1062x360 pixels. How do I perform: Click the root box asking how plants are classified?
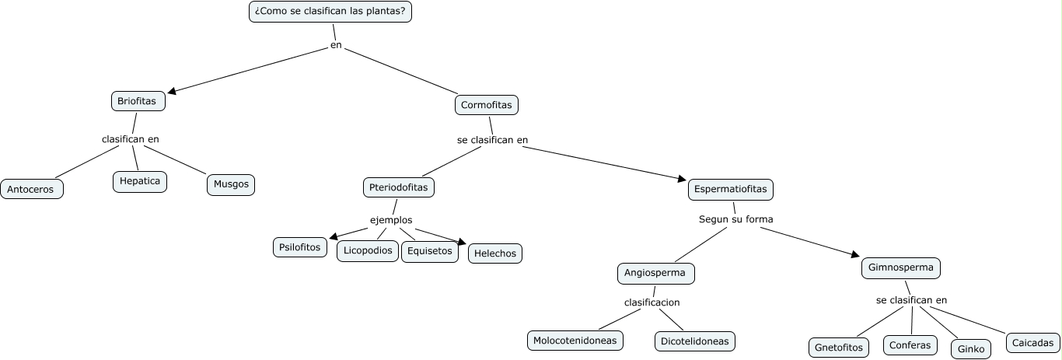tap(330, 12)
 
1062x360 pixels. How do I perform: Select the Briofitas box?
tap(137, 101)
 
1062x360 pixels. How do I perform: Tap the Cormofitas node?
tap(486, 105)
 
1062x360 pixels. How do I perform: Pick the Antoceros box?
tap(32, 189)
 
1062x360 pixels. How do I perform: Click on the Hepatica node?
tap(139, 181)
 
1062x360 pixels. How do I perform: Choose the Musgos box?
tap(231, 184)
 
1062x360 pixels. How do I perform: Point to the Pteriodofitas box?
tap(399, 187)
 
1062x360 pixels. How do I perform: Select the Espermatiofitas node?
tap(730, 189)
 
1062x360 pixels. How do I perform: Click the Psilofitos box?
tap(300, 247)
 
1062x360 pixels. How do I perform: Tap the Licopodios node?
tap(368, 250)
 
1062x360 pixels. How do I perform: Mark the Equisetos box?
tap(430, 251)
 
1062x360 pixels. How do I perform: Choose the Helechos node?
tap(495, 253)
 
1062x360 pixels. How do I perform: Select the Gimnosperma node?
tap(901, 268)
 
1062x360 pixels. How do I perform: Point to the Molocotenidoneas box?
tap(575, 341)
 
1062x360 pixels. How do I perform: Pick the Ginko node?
tap(971, 349)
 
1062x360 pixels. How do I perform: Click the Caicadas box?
tap(1032, 343)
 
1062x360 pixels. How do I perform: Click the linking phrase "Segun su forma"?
tap(736, 219)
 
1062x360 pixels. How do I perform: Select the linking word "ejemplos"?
tap(391, 220)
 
